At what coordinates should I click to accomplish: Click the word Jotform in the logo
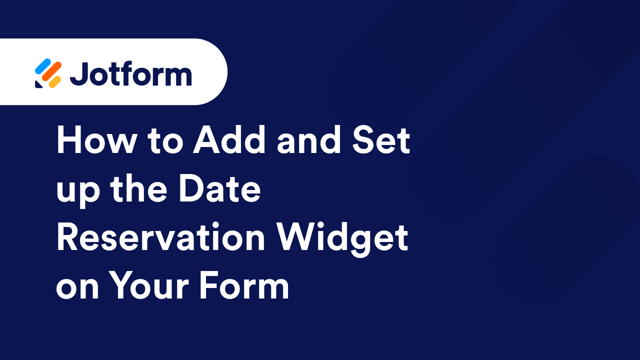coord(130,74)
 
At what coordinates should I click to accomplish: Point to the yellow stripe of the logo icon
coord(54,81)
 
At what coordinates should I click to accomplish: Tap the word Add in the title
coord(231,141)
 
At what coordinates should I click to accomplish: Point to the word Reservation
coord(160,238)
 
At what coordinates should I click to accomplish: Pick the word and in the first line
coord(305,141)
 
